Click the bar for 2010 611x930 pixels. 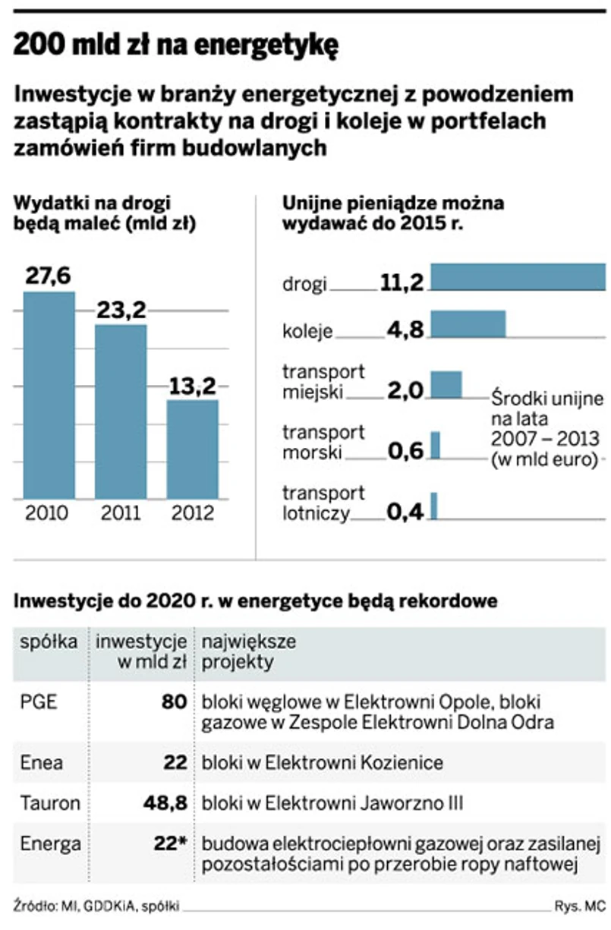[x=49, y=395]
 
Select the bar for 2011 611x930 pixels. [x=121, y=411]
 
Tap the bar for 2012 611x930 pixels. [x=192, y=449]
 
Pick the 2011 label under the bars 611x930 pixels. [x=121, y=512]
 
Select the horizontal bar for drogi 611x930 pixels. [x=518, y=277]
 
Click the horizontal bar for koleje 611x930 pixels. [x=468, y=323]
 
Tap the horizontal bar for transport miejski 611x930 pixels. [x=446, y=385]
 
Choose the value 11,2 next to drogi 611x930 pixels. [x=402, y=283]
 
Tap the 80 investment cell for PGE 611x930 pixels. [x=175, y=701]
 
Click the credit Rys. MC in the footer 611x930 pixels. [x=581, y=906]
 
